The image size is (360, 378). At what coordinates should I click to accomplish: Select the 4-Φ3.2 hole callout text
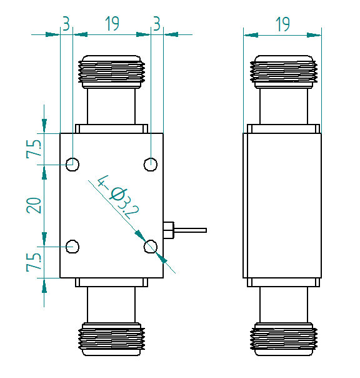(x=118, y=197)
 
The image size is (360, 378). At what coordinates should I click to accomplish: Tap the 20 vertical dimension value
(x=34, y=205)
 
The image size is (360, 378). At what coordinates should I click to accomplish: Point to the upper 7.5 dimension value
(x=34, y=149)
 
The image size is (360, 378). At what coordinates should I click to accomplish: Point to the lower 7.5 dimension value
(x=34, y=262)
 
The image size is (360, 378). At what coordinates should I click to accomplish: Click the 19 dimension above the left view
(x=112, y=24)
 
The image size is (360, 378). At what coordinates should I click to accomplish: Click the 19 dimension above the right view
(x=282, y=24)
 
